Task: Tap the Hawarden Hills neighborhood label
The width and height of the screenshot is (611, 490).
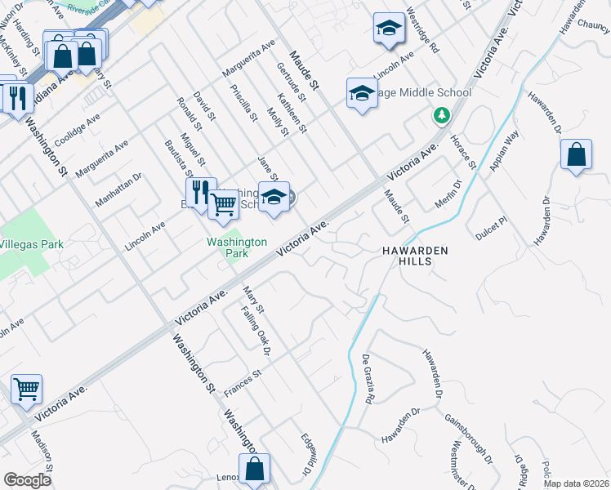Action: (x=415, y=256)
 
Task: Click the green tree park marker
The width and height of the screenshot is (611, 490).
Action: (x=441, y=116)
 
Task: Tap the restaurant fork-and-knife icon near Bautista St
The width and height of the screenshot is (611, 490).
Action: (x=198, y=192)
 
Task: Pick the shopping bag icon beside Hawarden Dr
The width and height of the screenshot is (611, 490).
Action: (x=576, y=154)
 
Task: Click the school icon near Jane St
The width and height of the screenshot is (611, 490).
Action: (x=274, y=196)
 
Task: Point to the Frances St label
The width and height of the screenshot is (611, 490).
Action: (x=242, y=384)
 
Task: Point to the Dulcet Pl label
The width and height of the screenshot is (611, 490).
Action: (x=491, y=221)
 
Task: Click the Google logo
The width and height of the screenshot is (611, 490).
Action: (x=27, y=480)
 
